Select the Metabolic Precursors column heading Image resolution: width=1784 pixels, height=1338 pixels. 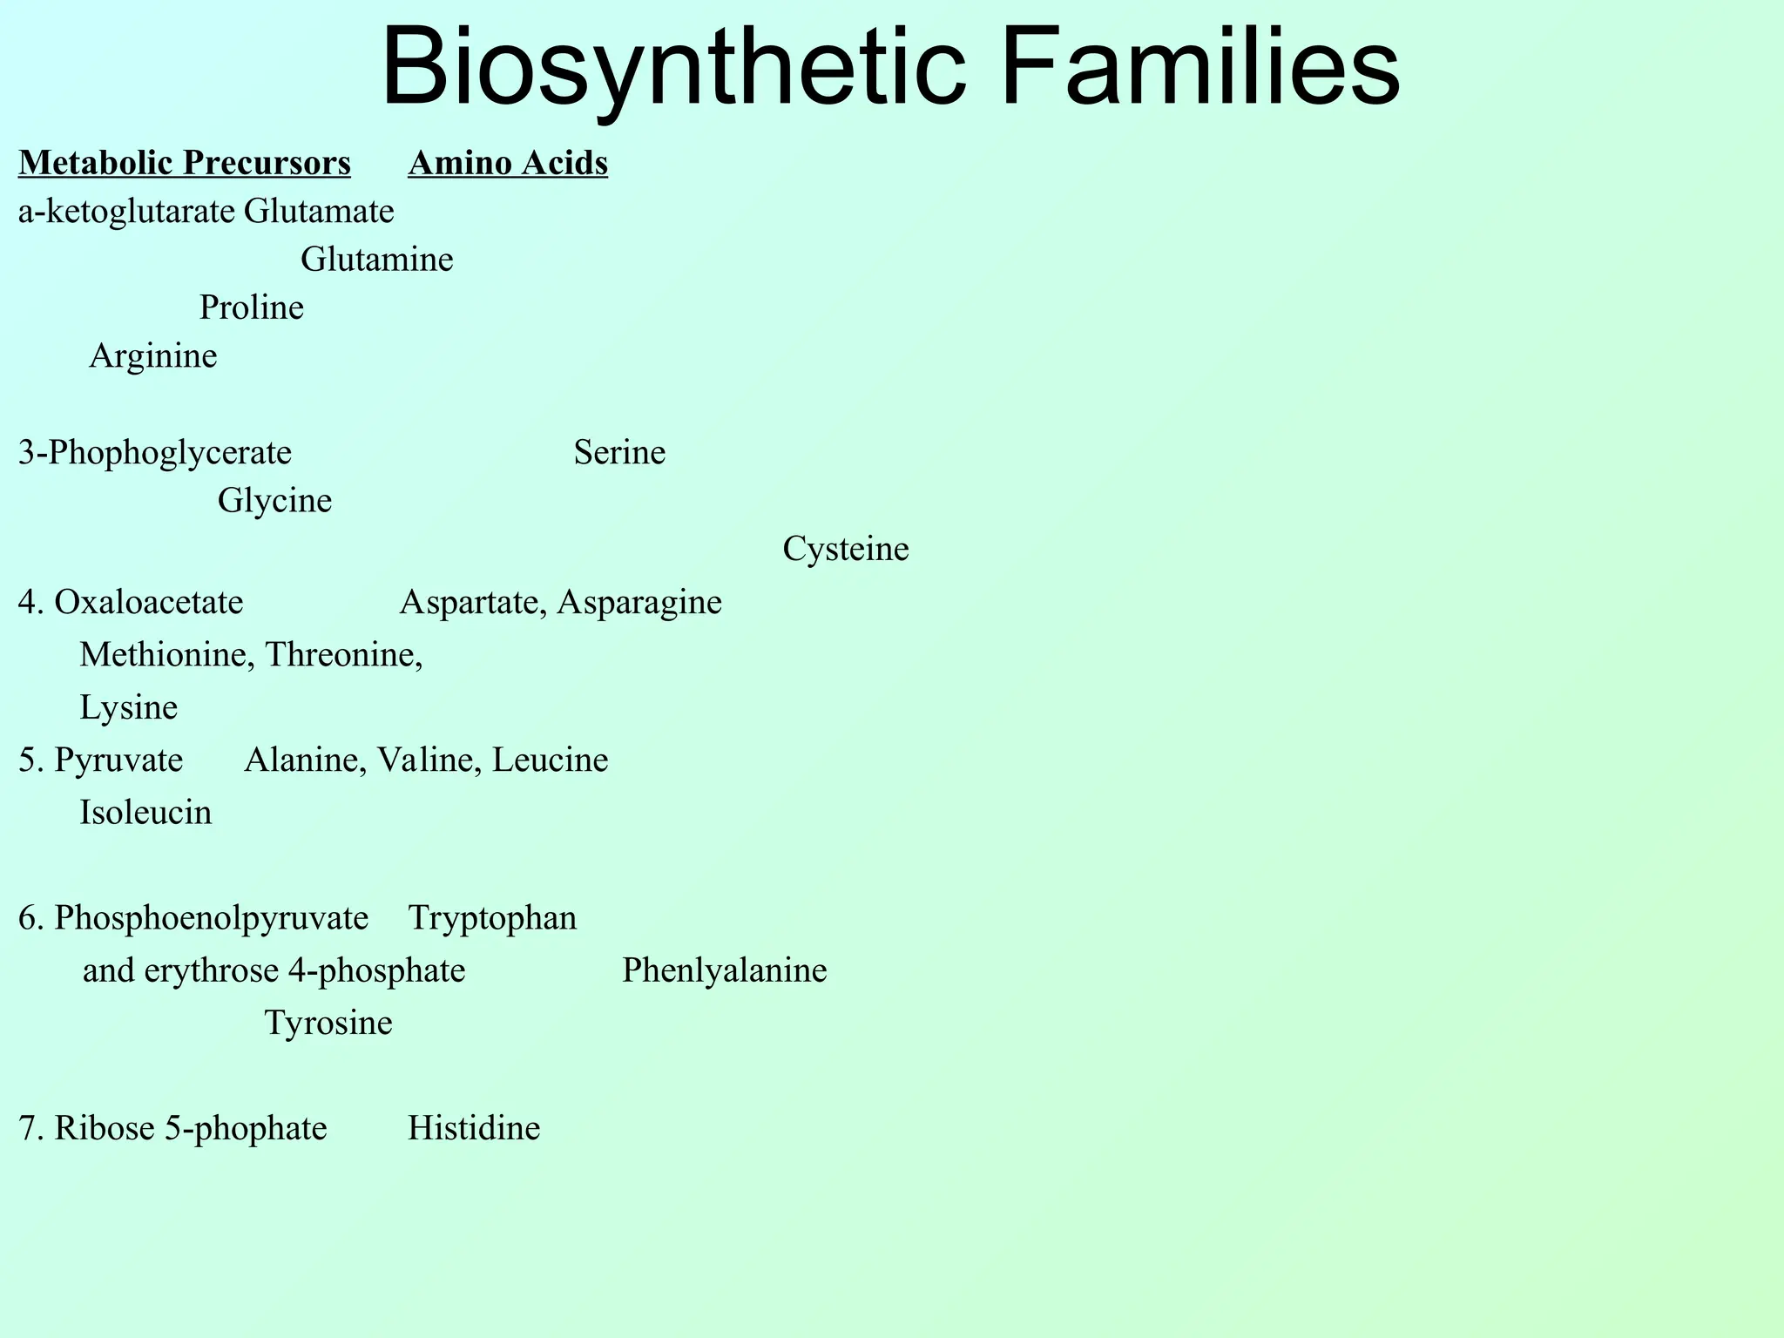pos(185,163)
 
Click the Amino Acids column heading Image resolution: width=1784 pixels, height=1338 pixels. pos(508,163)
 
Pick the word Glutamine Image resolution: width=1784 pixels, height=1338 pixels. pos(377,260)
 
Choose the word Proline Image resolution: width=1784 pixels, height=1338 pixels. pos(252,307)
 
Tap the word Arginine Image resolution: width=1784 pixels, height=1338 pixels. pos(153,355)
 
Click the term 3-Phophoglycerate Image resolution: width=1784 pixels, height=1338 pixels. pos(155,453)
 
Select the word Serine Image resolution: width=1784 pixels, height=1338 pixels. pos(619,453)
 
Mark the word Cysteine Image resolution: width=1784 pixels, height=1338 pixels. pos(846,549)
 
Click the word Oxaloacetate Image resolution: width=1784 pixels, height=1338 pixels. pos(149,602)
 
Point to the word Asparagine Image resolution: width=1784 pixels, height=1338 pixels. pos(639,602)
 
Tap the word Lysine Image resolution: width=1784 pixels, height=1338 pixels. pos(129,707)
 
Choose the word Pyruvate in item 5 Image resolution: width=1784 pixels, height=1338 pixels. pos(118,760)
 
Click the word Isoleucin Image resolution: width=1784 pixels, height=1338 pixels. pos(146,813)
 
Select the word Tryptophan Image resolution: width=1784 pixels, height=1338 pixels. pos(493,918)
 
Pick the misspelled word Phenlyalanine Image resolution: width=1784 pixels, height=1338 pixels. pos(725,970)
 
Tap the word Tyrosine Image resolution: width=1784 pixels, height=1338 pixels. pos(328,1023)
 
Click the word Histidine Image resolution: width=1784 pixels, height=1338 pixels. pos(474,1128)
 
